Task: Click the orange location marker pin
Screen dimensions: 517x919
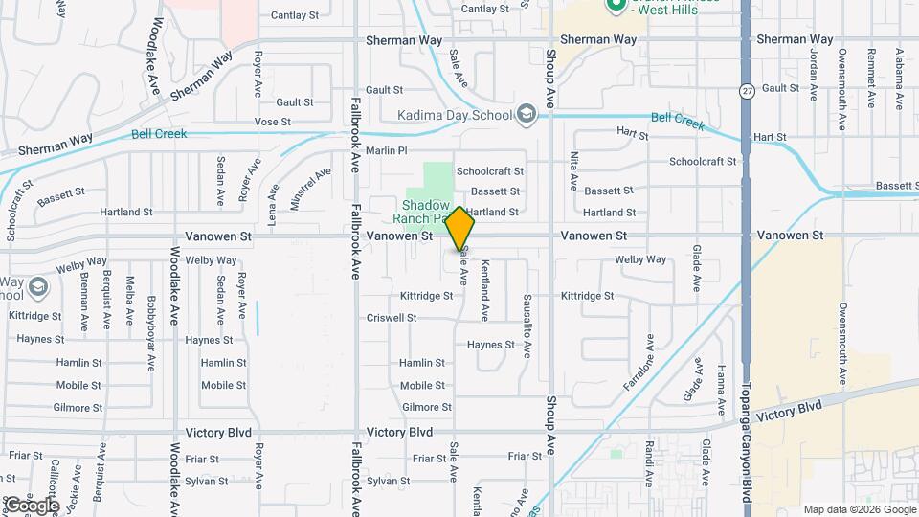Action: [x=460, y=228]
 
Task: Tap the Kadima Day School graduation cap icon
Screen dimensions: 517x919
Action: [x=525, y=115]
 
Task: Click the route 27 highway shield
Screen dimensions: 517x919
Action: [x=746, y=90]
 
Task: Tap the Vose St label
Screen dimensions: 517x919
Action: [x=272, y=123]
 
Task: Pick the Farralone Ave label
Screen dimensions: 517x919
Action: [x=652, y=357]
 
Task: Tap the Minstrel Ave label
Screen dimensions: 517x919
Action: [x=297, y=188]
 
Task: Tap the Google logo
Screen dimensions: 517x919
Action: [x=32, y=505]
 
